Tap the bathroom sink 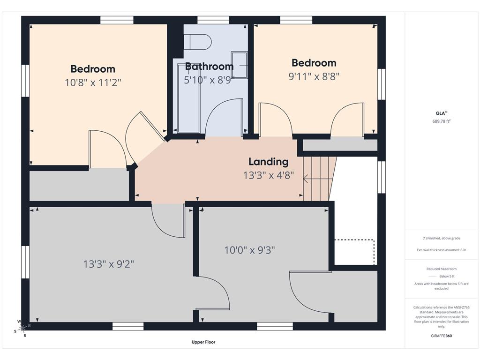239,65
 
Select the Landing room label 269,162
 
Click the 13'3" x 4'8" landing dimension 269,175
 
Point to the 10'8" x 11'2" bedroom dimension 93,82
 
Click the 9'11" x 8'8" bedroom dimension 314,76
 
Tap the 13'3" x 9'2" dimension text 109,264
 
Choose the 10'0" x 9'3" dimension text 249,250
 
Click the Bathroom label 210,67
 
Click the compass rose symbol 22,329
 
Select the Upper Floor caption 203,342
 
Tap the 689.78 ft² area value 442,121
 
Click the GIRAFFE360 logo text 442,336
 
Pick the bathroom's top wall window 213,20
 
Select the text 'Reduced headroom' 442,269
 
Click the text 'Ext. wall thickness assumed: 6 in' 442,250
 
